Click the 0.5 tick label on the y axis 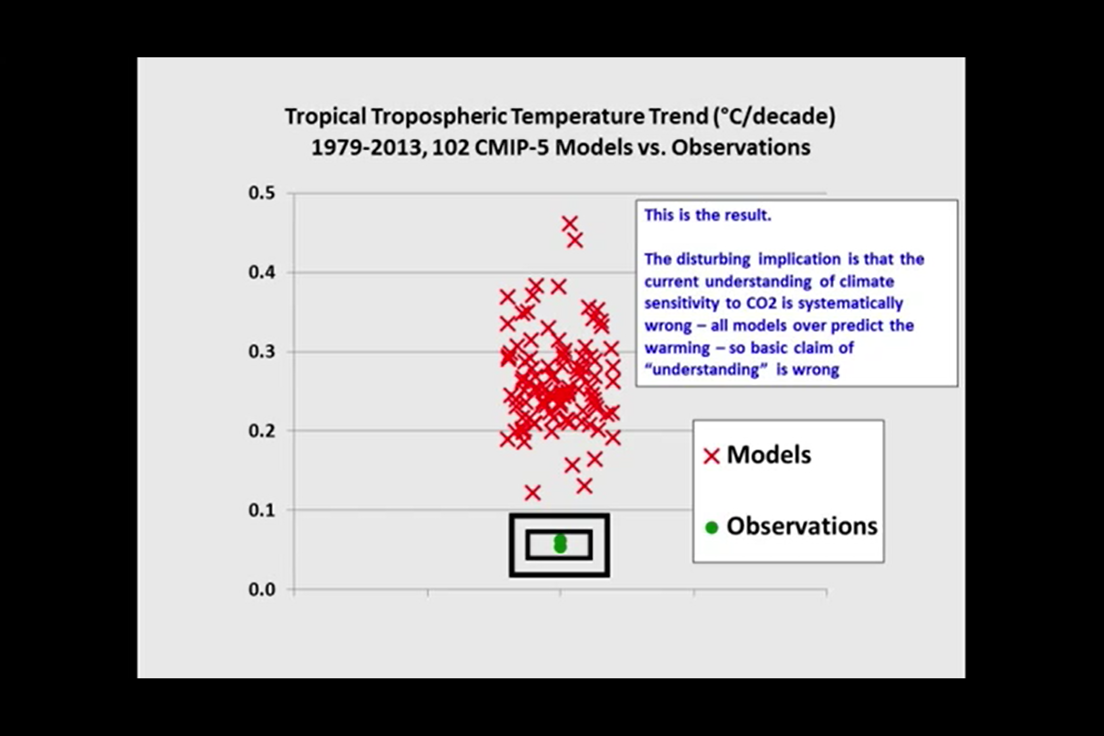pos(261,193)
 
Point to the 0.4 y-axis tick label pos(261,272)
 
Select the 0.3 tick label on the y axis pos(261,351)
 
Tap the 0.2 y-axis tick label pos(261,431)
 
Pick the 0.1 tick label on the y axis pos(261,510)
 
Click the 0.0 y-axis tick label pos(261,589)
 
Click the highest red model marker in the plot pos(569,224)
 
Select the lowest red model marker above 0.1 pos(532,493)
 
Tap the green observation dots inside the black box pos(560,544)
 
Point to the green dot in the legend pos(712,528)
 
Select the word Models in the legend pos(769,454)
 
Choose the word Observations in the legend pos(802,526)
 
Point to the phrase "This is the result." pos(707,215)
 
